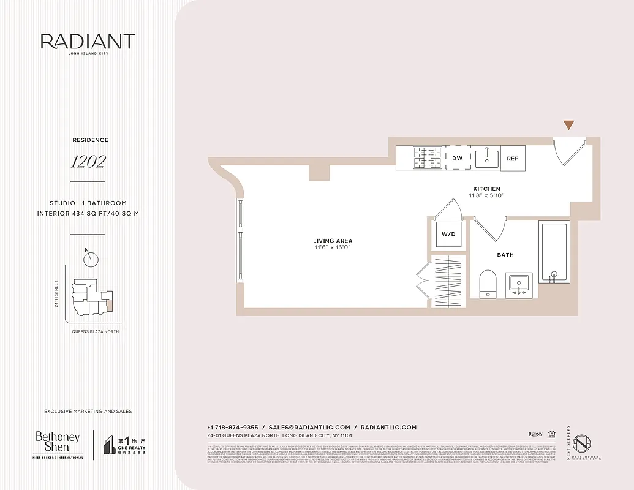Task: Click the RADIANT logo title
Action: click(x=88, y=42)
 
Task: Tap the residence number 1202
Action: click(x=88, y=162)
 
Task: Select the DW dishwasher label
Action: click(x=457, y=158)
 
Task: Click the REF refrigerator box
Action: click(x=513, y=158)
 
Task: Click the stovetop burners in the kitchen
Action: click(x=428, y=158)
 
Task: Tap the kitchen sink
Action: click(x=488, y=158)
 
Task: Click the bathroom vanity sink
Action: click(x=519, y=285)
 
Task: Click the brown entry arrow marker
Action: click(x=569, y=125)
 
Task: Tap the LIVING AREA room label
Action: click(x=333, y=241)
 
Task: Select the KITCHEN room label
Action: click(x=486, y=189)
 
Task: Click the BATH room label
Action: click(x=505, y=255)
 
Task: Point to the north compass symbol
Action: click(x=91, y=259)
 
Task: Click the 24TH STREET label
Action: click(x=56, y=293)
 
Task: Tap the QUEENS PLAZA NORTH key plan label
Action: click(x=92, y=331)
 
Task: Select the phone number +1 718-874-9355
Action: click(x=233, y=427)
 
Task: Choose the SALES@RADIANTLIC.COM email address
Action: click(x=309, y=427)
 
